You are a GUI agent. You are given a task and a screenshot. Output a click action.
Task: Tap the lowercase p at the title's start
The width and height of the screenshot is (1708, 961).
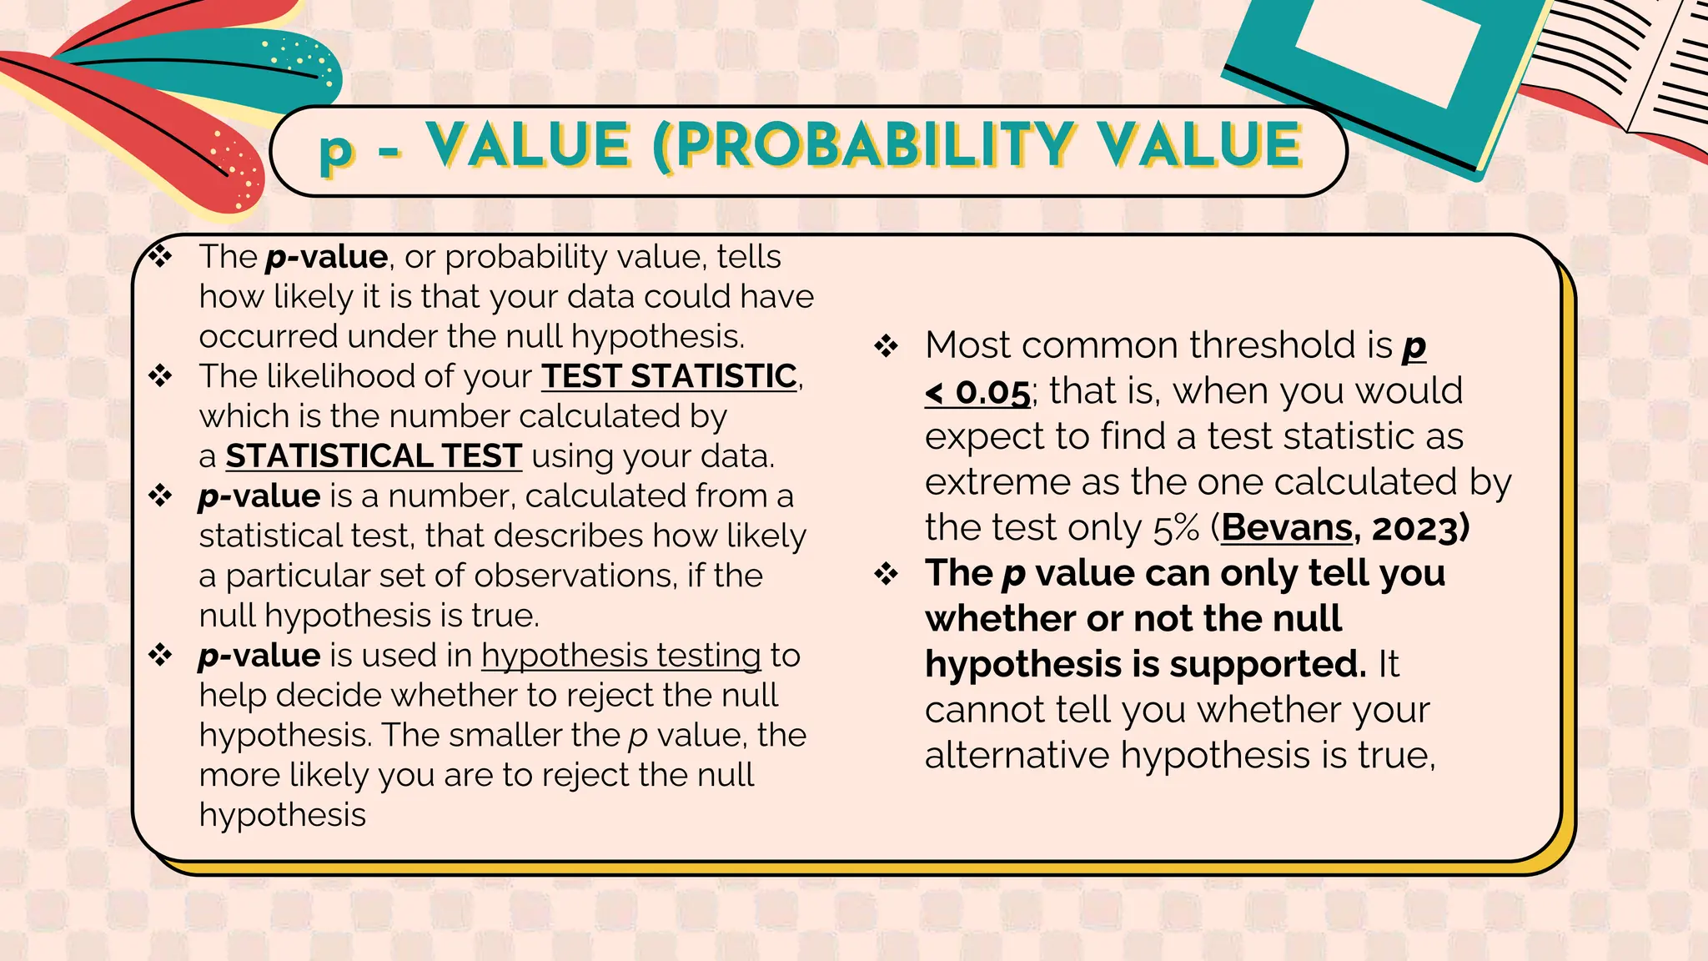(337, 150)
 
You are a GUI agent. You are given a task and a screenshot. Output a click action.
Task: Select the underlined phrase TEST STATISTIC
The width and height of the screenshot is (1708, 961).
(669, 376)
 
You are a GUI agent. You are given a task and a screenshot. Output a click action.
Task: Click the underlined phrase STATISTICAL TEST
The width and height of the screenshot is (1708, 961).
(374, 456)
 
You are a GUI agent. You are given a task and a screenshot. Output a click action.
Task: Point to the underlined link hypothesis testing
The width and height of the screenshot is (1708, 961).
(621, 656)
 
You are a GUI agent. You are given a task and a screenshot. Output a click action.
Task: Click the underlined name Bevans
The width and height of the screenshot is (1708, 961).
(1287, 528)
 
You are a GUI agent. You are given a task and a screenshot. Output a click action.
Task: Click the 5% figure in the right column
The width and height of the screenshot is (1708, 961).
(1177, 528)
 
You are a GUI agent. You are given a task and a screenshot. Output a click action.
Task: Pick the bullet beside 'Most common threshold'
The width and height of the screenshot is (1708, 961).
(886, 345)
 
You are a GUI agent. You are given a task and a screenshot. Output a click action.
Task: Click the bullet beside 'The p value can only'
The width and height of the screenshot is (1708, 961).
(886, 574)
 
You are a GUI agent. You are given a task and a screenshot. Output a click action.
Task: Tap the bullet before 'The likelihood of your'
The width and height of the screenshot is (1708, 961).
(159, 376)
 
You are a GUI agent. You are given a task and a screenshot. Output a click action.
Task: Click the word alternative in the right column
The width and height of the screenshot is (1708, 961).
(1017, 756)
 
